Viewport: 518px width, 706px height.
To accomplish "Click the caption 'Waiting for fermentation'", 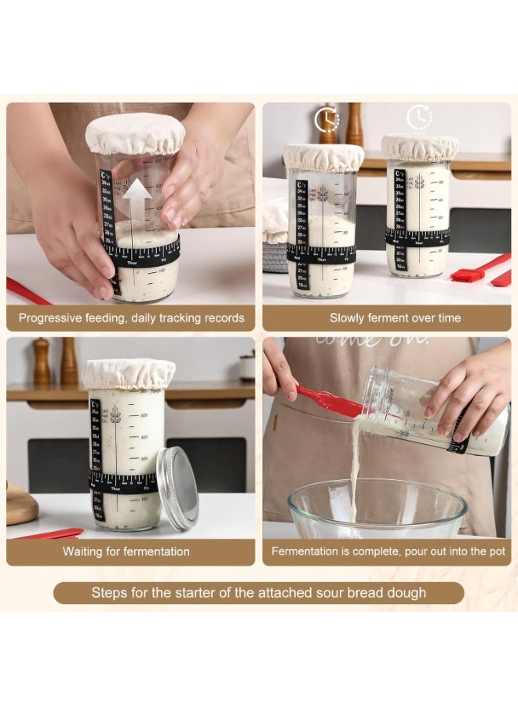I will point(126,551).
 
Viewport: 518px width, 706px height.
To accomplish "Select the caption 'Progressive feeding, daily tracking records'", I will point(131,318).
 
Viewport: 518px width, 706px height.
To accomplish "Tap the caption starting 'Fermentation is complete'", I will point(388,551).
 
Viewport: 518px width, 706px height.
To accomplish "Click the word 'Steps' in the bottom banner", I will point(110,593).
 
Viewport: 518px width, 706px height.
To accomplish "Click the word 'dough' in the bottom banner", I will point(408,593).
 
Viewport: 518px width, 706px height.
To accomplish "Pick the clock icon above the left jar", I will point(326,119).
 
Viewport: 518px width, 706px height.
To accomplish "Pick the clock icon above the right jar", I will point(419,118).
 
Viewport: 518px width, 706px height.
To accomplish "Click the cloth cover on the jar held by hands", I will point(135,133).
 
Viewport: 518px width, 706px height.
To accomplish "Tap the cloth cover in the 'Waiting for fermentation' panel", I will point(129,373).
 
